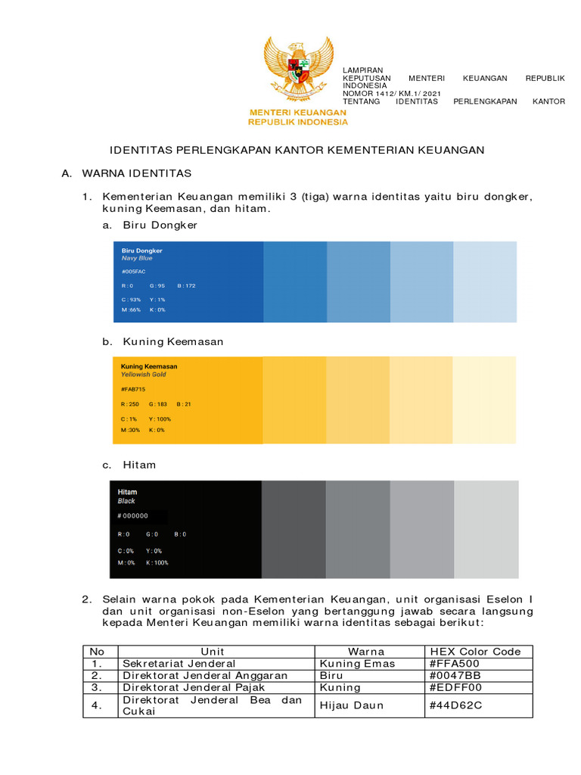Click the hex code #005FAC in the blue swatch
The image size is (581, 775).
[x=133, y=271]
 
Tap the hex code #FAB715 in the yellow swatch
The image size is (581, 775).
[x=133, y=388]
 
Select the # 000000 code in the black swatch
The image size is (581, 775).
[x=133, y=516]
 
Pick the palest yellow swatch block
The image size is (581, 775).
[x=485, y=400]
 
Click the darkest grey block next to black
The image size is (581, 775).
[x=294, y=530]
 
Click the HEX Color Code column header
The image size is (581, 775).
[x=475, y=652]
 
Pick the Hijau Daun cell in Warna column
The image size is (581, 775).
[x=352, y=705]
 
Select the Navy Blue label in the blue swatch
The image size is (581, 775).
[x=137, y=258]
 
